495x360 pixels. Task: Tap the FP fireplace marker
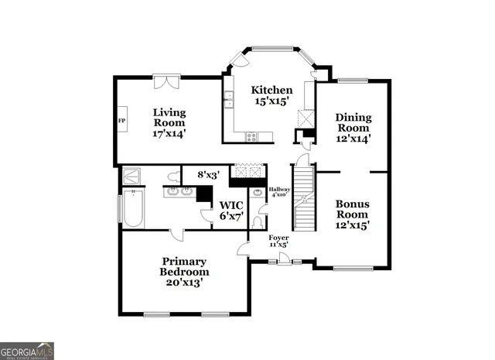point(121,122)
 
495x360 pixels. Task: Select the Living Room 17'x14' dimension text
point(169,133)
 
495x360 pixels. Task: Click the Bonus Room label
point(352,209)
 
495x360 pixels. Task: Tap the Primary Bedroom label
point(184,267)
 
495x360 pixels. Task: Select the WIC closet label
point(231,205)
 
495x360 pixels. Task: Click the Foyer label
point(278,238)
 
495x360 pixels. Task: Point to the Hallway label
point(278,189)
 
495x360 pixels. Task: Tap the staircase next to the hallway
point(308,200)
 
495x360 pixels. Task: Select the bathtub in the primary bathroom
point(133,210)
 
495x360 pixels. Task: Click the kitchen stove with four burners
point(252,137)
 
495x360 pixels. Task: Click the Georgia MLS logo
point(27,351)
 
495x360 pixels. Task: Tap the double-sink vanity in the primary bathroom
point(179,190)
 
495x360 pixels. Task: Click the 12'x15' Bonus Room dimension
point(352,226)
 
